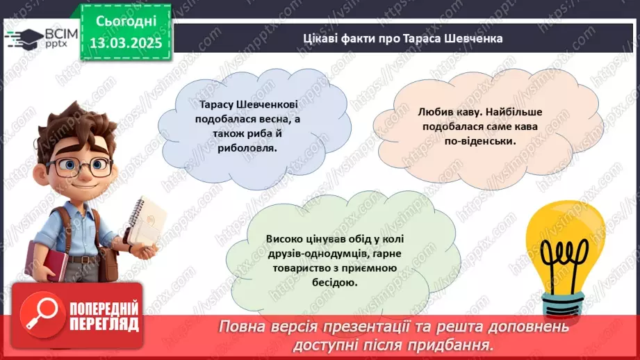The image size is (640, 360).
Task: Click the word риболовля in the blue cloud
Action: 236,147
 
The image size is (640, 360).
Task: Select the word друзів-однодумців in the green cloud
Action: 309,254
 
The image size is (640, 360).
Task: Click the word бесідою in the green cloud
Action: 337,282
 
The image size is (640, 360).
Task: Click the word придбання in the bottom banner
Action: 461,344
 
